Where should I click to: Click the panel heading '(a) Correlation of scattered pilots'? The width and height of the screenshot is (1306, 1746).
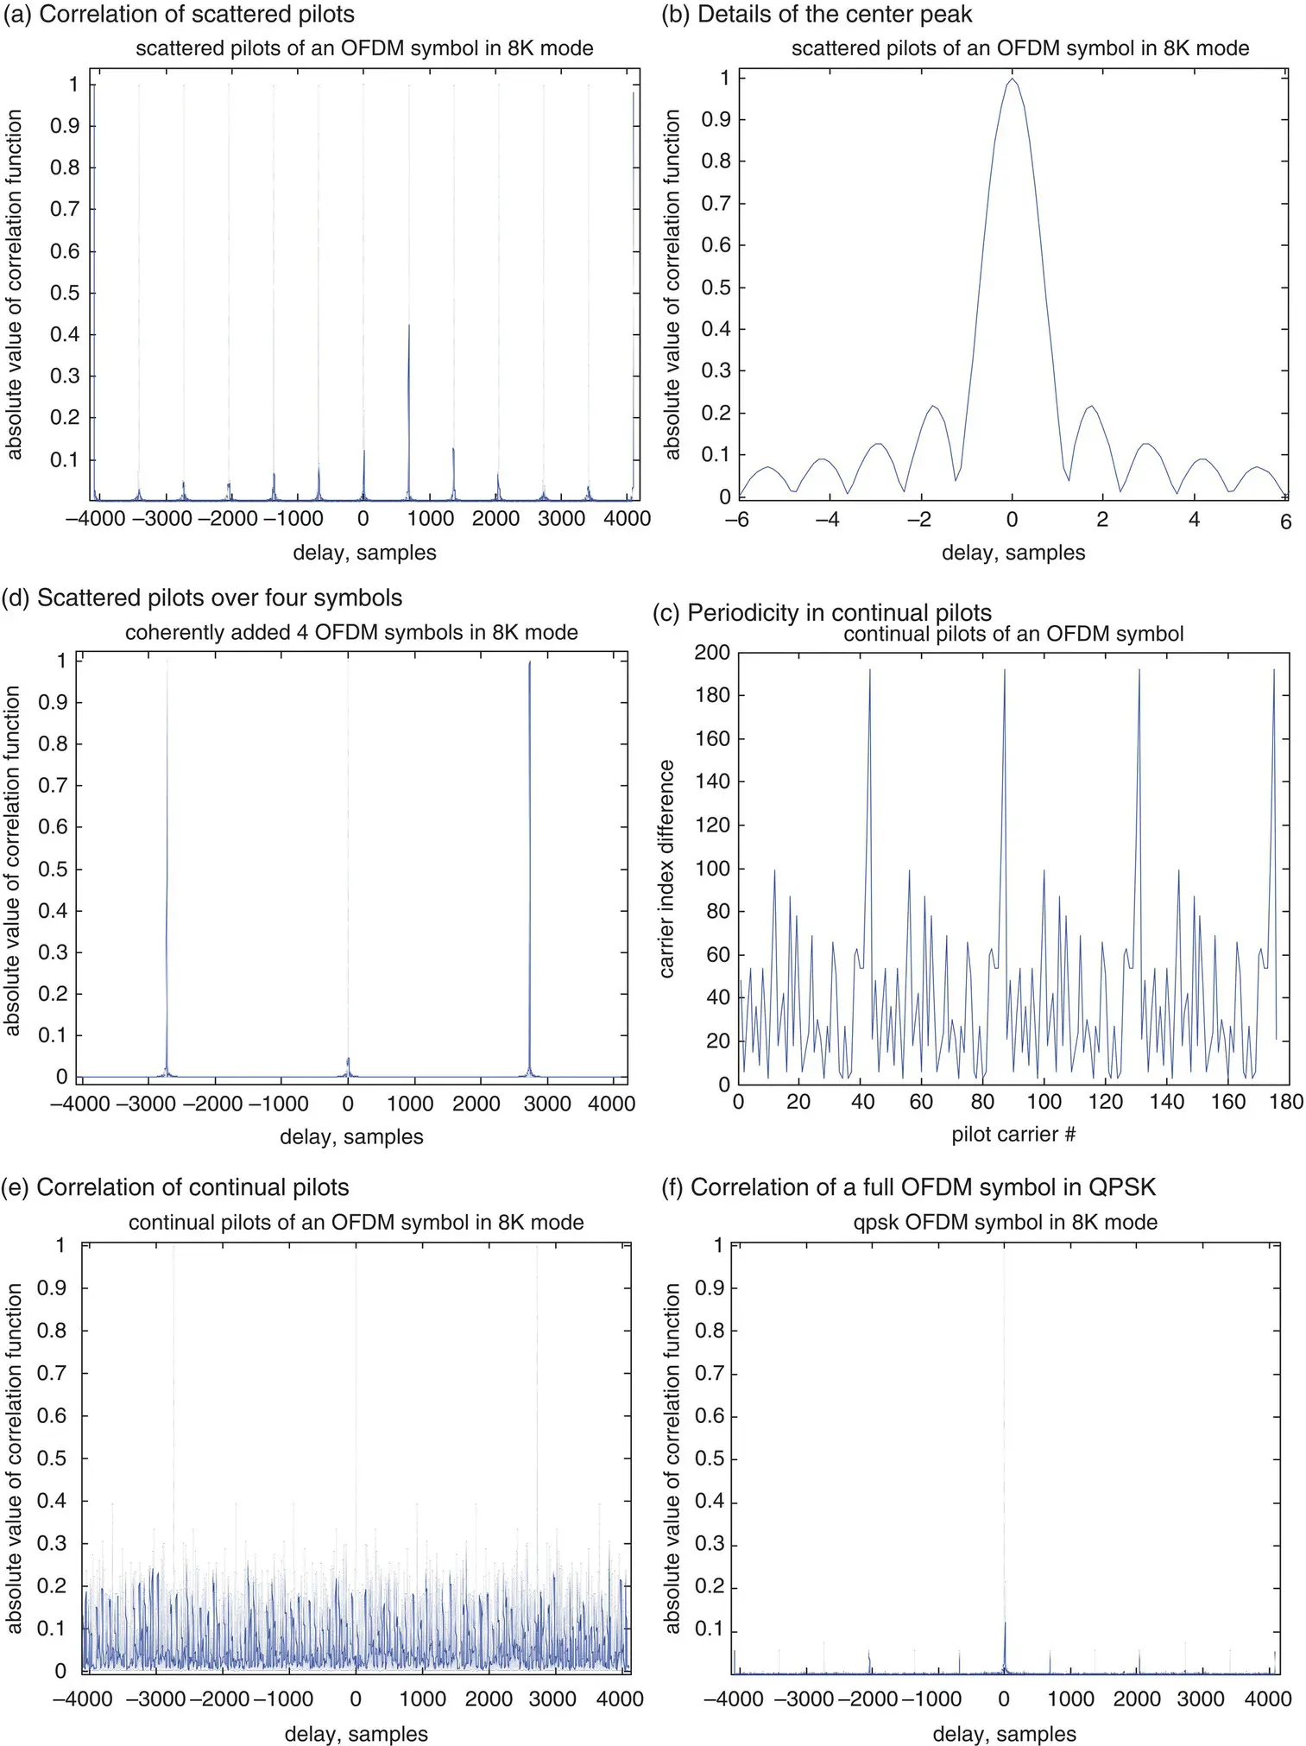click(179, 15)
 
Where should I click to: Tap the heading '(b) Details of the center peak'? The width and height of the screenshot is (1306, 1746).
click(817, 15)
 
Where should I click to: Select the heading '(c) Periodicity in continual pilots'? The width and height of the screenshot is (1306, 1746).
click(822, 612)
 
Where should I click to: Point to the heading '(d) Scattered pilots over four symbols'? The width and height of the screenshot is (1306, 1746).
click(202, 598)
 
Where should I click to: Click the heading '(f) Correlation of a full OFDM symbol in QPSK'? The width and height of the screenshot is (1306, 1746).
click(908, 1187)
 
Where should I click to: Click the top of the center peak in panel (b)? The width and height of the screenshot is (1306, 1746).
click(1012, 80)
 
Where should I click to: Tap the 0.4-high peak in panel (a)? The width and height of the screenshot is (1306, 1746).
click(408, 326)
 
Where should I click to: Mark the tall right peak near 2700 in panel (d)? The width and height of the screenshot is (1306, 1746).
click(529, 663)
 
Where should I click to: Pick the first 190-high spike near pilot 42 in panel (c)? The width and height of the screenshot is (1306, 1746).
click(869, 670)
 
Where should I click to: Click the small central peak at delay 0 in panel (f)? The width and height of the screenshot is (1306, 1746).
click(1004, 1625)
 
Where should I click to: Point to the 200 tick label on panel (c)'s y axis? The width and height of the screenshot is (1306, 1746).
click(712, 652)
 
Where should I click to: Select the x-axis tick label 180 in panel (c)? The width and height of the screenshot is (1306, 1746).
click(1286, 1102)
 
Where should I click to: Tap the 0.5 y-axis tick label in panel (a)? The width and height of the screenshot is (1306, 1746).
click(65, 293)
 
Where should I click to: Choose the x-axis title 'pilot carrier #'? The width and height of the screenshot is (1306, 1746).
click(1013, 1134)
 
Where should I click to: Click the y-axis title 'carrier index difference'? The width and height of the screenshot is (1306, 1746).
click(666, 869)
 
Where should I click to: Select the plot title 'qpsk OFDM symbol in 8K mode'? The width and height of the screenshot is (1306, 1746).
click(1005, 1222)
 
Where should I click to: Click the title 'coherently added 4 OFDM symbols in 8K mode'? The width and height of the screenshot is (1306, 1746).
click(351, 632)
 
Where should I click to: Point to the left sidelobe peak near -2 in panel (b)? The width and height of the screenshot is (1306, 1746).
click(932, 407)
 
